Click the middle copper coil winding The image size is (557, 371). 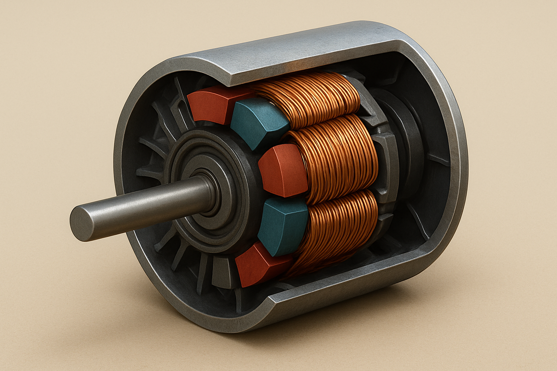337,159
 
